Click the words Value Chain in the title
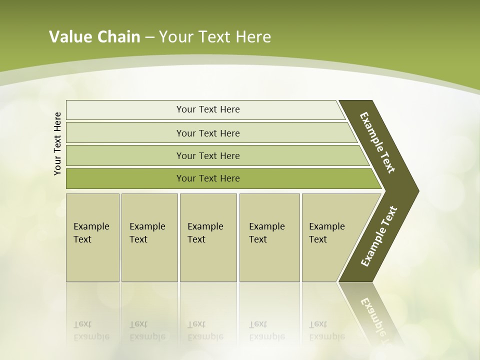coord(94,36)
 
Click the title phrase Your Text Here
coord(215,36)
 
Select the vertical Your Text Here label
coord(58,143)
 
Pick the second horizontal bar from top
coord(208,133)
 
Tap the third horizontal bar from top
coord(208,155)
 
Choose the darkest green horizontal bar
coord(208,178)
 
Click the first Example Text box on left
coord(92,237)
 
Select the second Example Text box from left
coord(149,237)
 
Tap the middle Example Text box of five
coord(208,237)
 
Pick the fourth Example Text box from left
coord(269,237)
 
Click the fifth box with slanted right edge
coord(330,237)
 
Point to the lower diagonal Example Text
coord(379,236)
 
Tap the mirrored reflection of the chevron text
coord(375,320)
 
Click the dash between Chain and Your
coord(149,37)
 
